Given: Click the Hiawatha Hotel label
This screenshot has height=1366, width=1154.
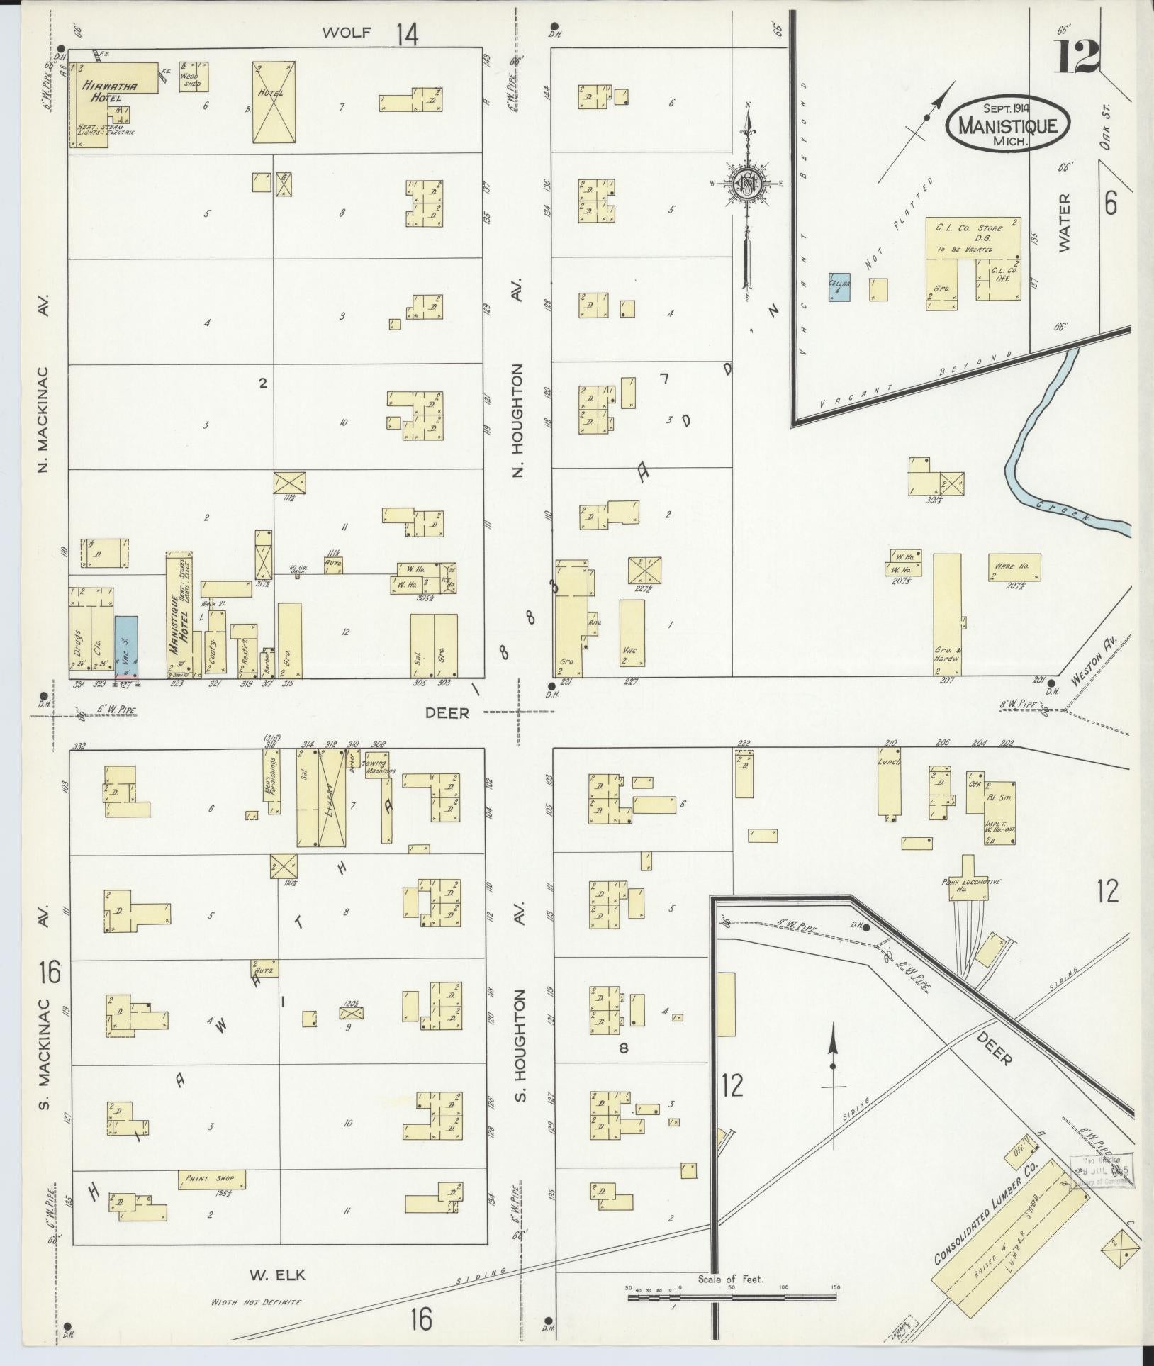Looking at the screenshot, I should point(108,91).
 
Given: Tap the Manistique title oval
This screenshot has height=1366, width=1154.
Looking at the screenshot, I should point(1007,123).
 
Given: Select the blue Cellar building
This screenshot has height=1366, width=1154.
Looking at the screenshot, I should point(839,287).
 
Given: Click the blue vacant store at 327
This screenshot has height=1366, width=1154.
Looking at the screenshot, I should point(126,645).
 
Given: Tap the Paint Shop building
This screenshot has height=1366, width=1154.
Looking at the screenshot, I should point(212,1179).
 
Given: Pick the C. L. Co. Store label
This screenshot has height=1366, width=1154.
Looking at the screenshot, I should point(973,229).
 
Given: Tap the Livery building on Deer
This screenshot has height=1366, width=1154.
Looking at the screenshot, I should point(332,799).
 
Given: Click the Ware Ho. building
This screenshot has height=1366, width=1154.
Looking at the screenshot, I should point(1014,567).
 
